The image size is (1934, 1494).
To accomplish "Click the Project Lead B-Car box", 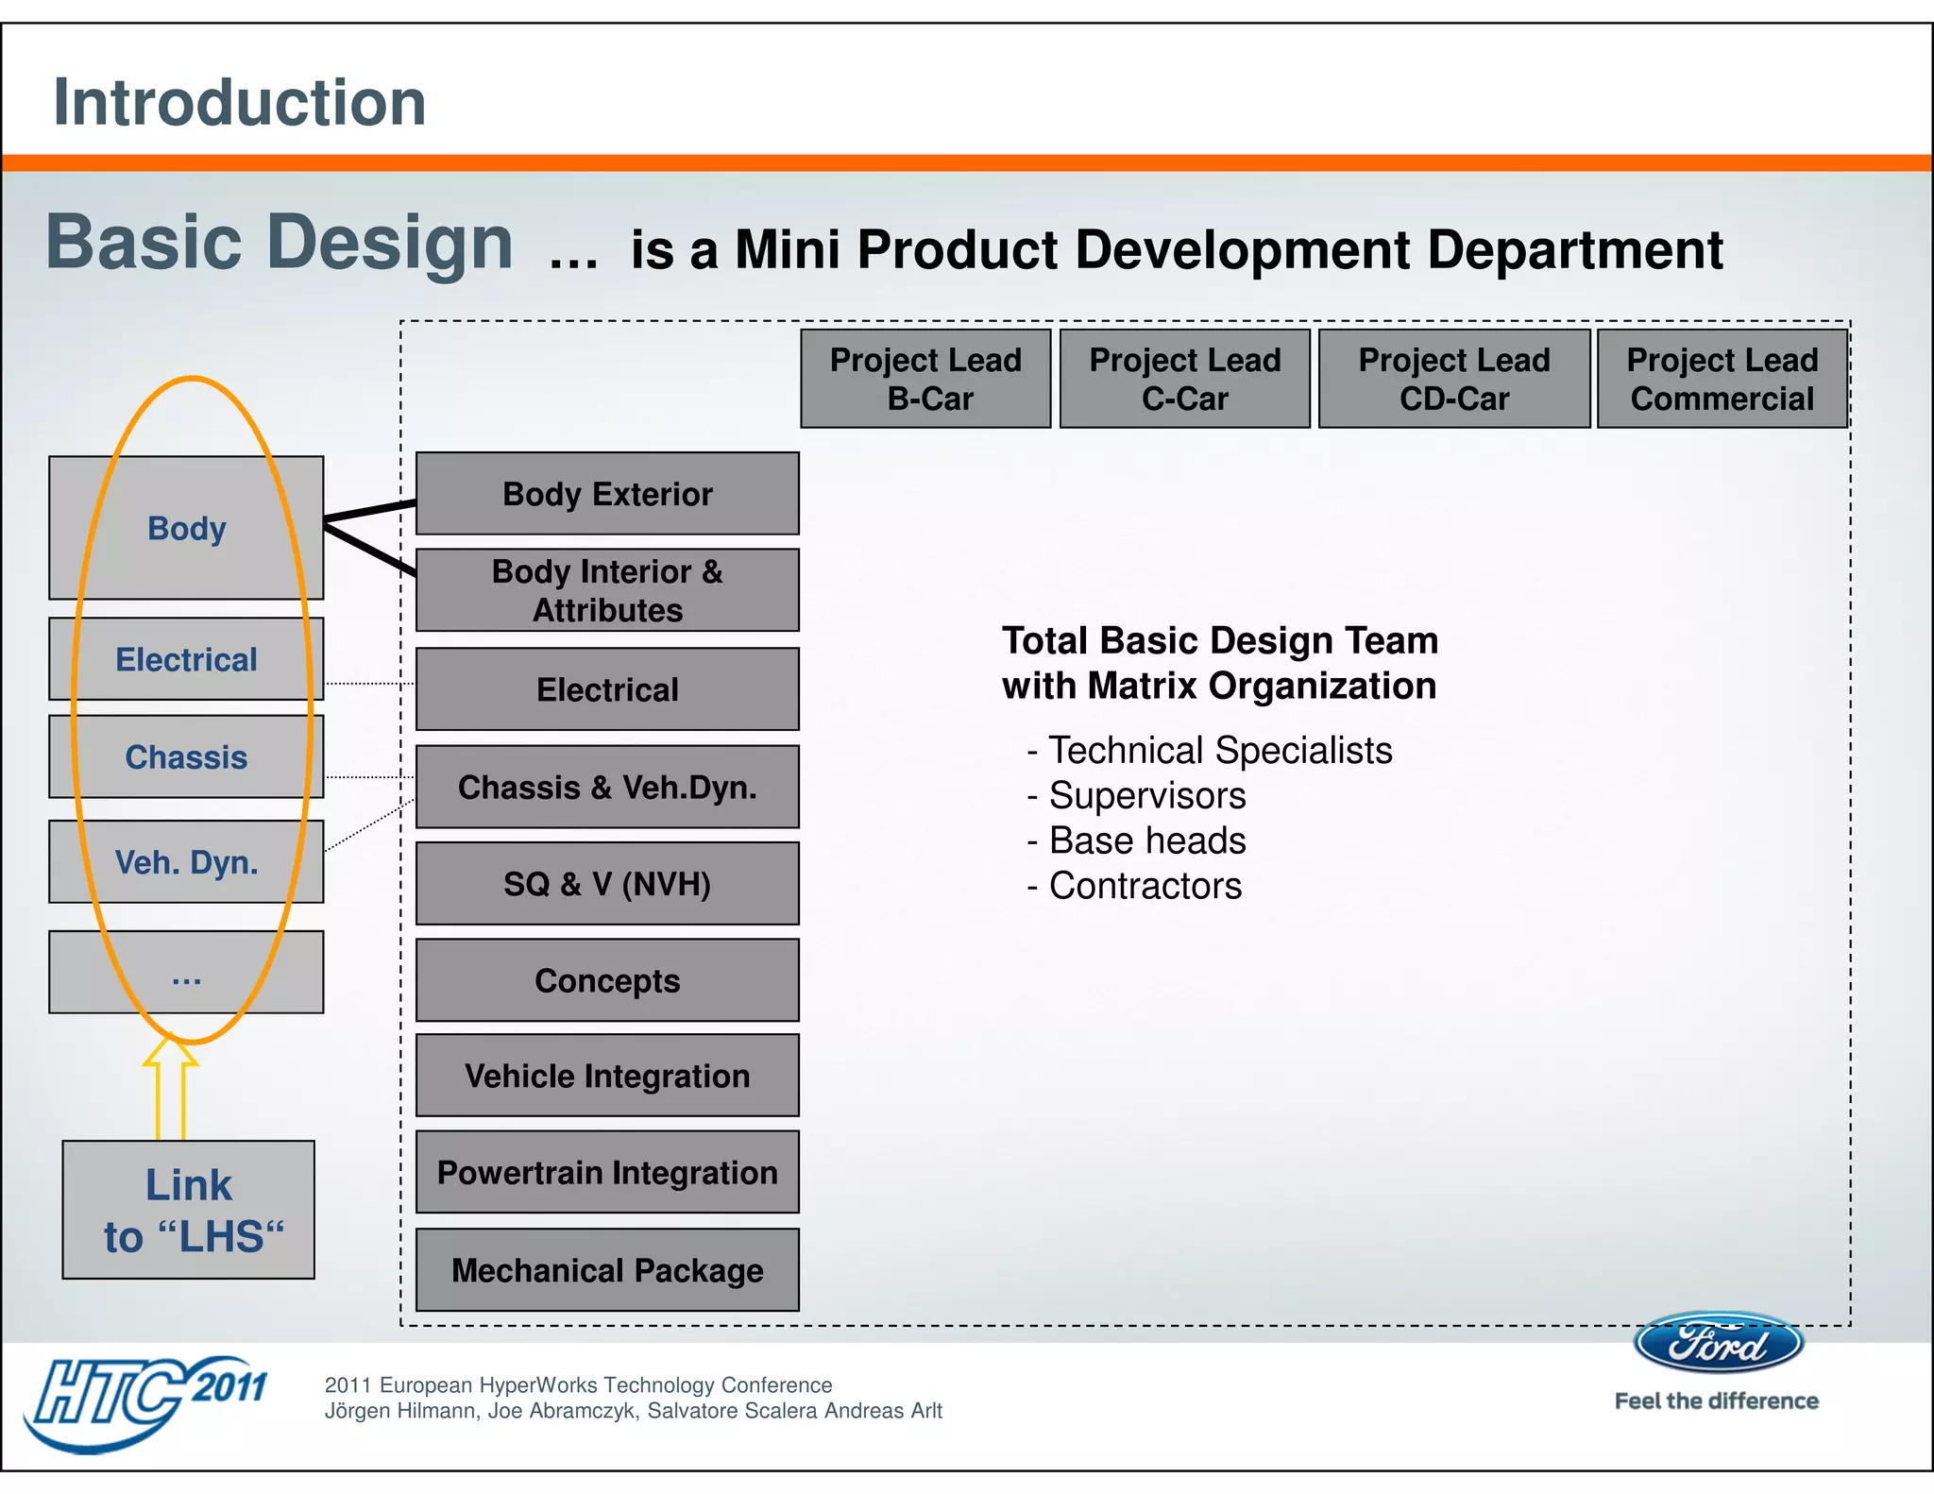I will tap(925, 379).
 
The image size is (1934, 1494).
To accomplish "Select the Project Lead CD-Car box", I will tap(1453, 379).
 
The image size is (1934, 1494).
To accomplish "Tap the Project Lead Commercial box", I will tap(1722, 379).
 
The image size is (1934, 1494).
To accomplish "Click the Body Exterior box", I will tap(607, 494).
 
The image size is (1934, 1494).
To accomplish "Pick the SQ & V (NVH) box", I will tap(607, 884).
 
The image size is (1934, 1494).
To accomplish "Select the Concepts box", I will tap(607, 980).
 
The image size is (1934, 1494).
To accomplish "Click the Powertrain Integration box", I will tap(607, 1172).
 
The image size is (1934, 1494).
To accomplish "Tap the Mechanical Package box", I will tap(607, 1270).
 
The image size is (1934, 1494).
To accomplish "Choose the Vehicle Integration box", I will tap(607, 1076).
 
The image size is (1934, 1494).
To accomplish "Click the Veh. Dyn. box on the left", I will tap(186, 862).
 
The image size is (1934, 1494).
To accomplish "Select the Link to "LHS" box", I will tap(189, 1210).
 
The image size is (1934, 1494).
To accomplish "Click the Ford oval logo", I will tap(1719, 1343).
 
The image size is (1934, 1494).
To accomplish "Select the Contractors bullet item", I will tap(1145, 886).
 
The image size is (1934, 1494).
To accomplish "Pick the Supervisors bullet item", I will tap(1146, 795).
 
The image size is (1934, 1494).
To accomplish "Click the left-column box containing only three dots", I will tap(186, 973).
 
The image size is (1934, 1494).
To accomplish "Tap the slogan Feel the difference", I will tap(1716, 1401).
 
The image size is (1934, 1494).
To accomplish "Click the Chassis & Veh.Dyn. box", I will tap(607, 788).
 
